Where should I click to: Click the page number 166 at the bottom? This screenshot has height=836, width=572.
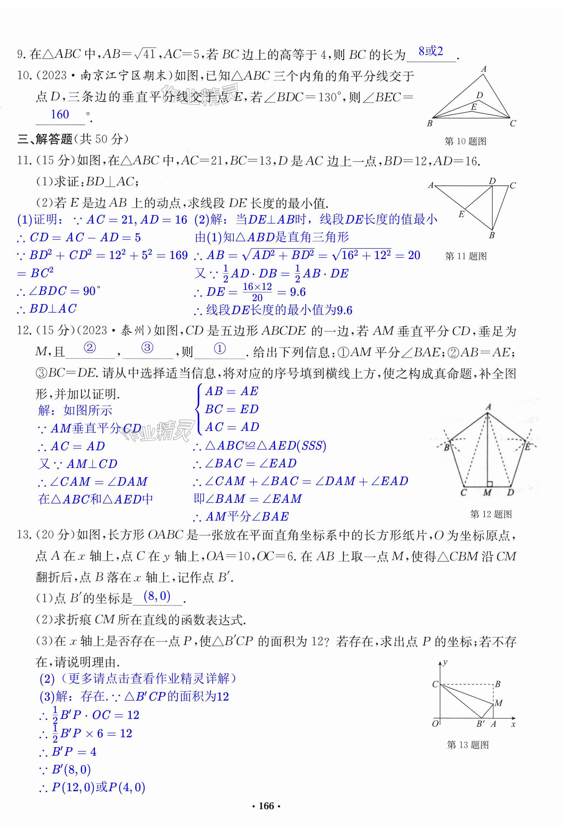266,806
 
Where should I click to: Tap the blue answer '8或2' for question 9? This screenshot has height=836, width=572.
430,51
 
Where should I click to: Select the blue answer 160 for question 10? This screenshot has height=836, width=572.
60,114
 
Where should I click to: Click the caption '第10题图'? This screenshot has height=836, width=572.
465,141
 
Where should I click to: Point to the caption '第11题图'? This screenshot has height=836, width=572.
466,256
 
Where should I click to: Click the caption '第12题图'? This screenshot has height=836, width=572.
491,514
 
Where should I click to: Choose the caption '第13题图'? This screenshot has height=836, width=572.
467,745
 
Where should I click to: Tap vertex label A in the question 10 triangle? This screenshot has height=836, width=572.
484,69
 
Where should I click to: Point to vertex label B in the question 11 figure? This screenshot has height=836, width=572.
492,235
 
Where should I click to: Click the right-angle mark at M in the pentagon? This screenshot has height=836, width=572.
490,484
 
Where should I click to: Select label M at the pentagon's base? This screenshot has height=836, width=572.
487,493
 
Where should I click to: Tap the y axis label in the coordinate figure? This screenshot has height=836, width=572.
445,662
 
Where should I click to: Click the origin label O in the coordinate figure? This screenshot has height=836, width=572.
435,723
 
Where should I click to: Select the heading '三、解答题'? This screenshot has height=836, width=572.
45,139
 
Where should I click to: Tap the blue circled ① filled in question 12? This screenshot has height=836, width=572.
220,348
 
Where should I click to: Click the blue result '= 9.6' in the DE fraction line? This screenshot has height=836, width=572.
292,292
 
